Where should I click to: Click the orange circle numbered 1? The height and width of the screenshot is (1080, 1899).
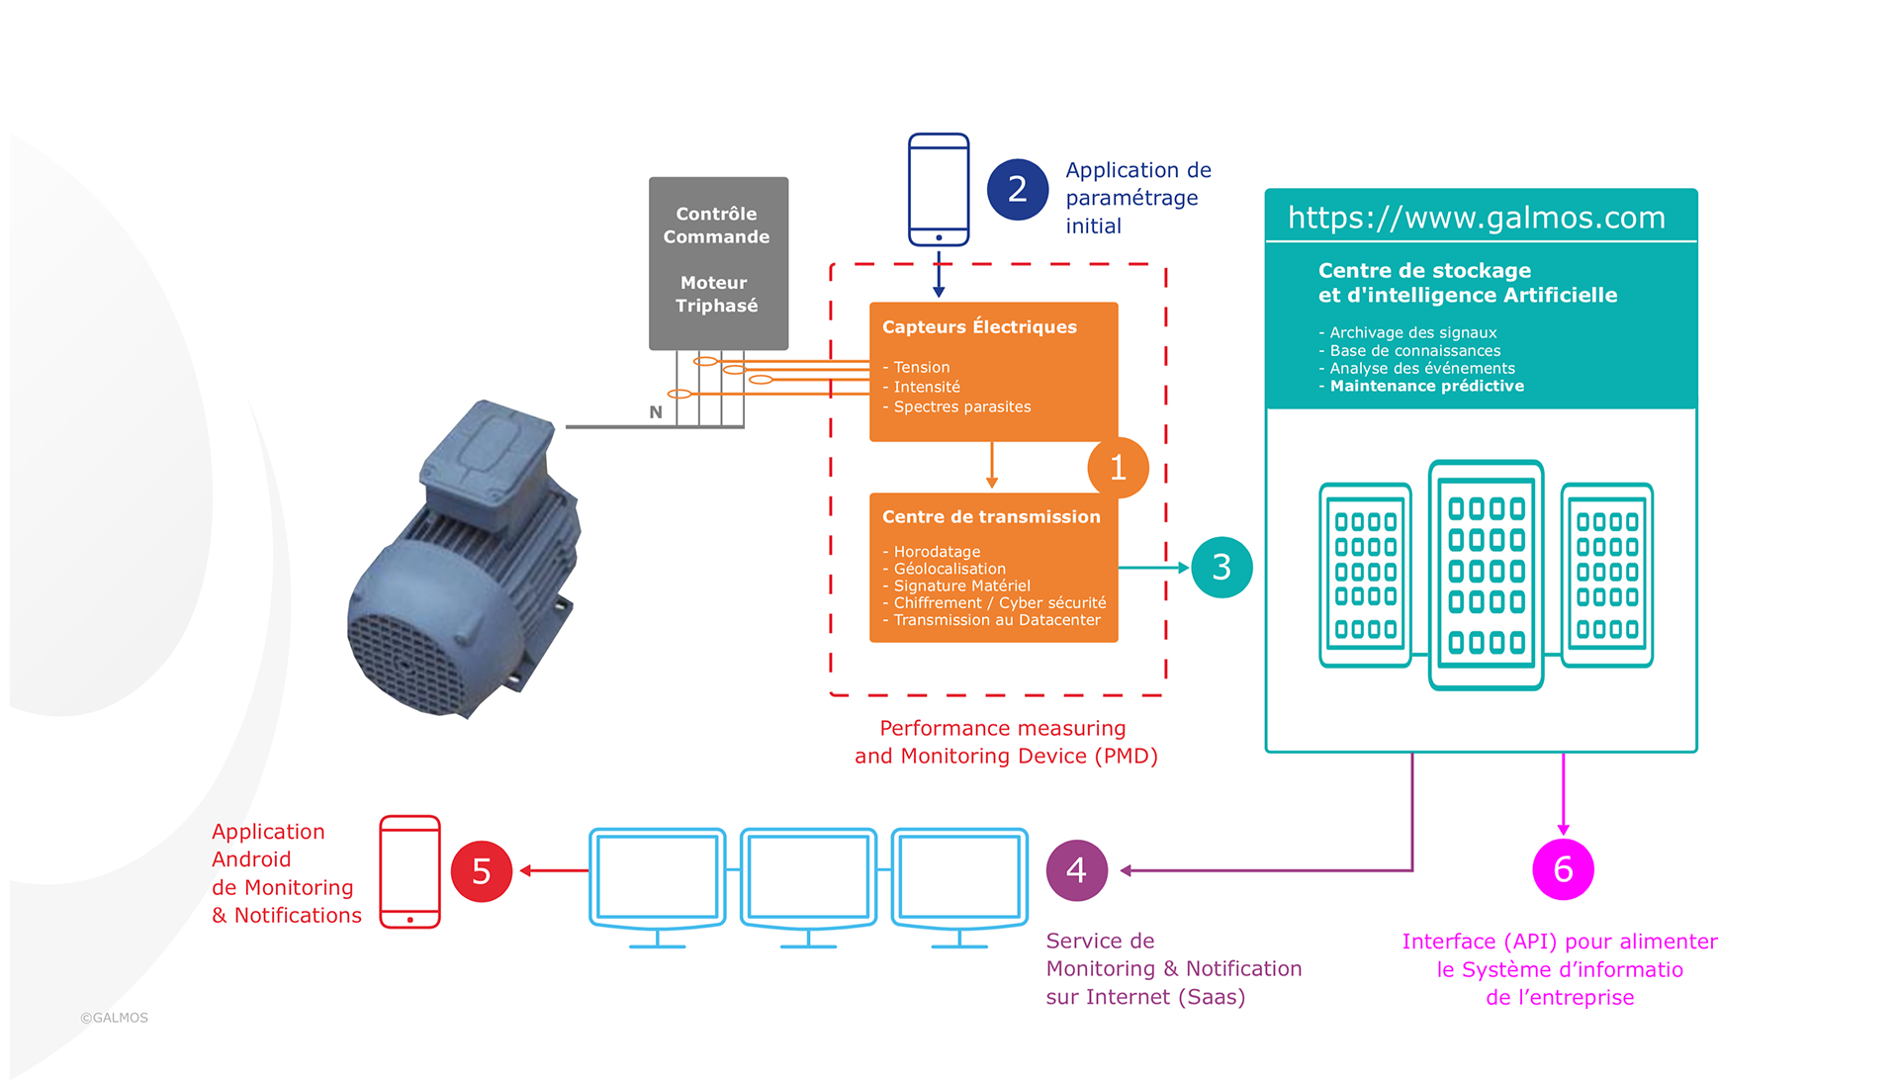1118,468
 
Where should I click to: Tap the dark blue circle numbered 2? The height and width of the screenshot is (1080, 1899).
1017,189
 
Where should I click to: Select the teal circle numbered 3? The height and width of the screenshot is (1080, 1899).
1221,568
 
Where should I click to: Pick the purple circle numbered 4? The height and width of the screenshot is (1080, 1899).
1076,870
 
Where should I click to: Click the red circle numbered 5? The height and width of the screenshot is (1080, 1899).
482,871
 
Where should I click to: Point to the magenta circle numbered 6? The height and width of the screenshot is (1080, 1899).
1563,869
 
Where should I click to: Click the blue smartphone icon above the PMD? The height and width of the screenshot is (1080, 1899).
939,190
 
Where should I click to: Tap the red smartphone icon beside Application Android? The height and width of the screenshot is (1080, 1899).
409,871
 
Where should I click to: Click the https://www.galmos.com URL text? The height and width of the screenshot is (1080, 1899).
1476,218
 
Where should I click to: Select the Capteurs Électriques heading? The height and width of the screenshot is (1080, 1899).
979,327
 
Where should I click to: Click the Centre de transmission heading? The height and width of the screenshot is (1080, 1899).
991,517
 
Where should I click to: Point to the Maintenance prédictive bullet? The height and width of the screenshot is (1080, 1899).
1426,387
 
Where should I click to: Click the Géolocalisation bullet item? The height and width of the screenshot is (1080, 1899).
949,569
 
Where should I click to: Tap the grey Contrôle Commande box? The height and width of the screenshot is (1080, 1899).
718,262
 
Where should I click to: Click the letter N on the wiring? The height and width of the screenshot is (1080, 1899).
656,412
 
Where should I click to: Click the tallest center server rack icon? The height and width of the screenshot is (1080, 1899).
1486,575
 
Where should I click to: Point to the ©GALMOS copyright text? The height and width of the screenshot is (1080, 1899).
115,1018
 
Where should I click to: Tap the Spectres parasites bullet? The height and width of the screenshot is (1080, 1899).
961,407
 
